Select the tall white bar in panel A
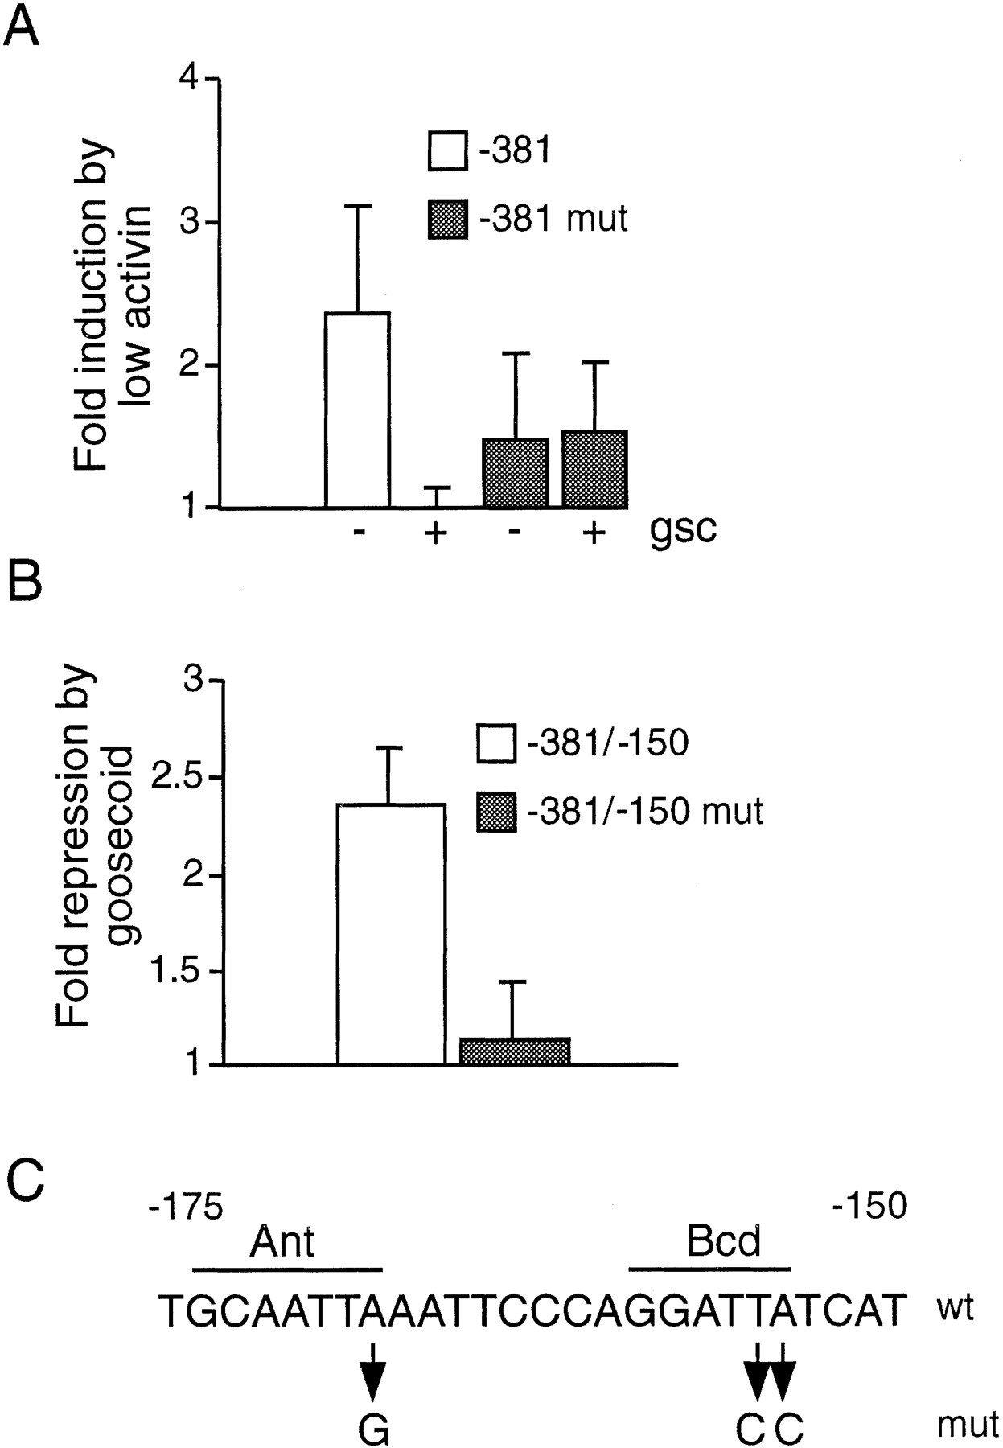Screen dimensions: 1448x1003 click(357, 409)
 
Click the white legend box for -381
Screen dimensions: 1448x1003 click(447, 151)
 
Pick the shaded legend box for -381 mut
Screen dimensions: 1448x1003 click(447, 219)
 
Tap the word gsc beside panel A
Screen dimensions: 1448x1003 click(683, 530)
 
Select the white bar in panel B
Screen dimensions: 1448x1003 click(391, 934)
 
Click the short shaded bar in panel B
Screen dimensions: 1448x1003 click(515, 1051)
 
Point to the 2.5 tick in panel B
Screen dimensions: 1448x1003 click(190, 778)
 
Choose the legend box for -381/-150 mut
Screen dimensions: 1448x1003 click(496, 811)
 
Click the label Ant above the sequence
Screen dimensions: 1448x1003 click(282, 1242)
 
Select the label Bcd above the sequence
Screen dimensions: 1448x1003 click(723, 1242)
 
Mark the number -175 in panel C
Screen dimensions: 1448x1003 click(186, 1207)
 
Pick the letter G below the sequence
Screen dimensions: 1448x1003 click(373, 1429)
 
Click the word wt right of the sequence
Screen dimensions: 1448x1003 click(955, 1310)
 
